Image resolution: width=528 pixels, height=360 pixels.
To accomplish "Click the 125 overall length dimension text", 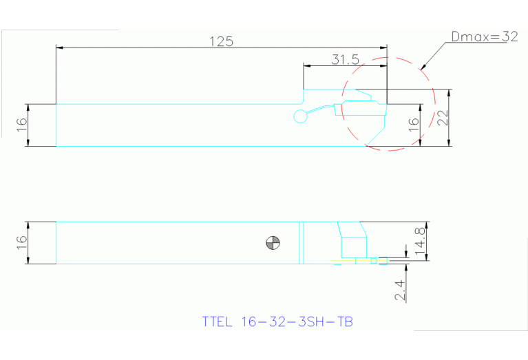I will [x=221, y=41].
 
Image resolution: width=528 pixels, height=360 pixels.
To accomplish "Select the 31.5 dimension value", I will [x=345, y=59].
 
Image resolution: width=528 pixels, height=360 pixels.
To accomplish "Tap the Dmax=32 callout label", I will [x=484, y=37].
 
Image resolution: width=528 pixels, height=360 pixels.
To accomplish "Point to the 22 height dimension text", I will [x=443, y=118].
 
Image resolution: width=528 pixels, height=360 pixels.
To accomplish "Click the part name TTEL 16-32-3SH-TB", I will [x=277, y=321].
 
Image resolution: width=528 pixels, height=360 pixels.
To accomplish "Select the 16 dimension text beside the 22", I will [x=413, y=125].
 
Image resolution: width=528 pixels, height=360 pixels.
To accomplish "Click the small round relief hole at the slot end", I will [x=300, y=116].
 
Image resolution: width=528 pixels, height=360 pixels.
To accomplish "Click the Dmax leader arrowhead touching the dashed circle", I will [x=421, y=67].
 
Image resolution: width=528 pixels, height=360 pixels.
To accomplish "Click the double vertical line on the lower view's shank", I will [x=301, y=242].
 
